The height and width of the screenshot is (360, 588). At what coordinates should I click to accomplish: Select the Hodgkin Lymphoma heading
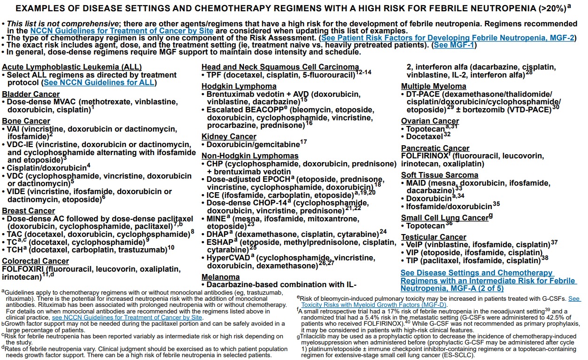239,86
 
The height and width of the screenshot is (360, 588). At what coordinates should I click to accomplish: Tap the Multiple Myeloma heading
433,86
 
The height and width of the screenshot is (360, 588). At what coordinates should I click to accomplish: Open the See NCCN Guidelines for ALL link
99,83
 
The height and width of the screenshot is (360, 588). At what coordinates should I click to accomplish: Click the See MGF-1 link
454,45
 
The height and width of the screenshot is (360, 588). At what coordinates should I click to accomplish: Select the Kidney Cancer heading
229,137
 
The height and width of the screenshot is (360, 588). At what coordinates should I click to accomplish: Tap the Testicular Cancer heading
433,237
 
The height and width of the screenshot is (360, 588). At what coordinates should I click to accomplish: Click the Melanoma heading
221,277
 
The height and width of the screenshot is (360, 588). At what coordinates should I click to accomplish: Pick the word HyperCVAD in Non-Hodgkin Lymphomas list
228,258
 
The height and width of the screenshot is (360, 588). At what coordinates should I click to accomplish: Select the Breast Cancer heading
29,211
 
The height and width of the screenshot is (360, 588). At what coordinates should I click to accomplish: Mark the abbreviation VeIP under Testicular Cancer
415,244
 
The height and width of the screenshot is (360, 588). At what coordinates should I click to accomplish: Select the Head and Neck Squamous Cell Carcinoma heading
280,67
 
